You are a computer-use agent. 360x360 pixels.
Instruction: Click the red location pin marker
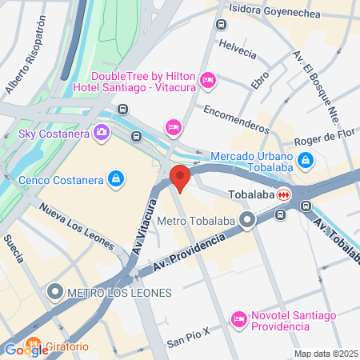[x=180, y=177]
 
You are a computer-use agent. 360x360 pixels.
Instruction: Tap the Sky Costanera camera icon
[x=102, y=132]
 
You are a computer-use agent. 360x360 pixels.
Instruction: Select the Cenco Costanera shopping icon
[x=117, y=178]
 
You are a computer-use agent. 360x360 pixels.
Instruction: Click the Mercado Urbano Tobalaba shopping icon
[x=305, y=161]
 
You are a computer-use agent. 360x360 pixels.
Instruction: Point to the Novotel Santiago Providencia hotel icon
[x=238, y=319]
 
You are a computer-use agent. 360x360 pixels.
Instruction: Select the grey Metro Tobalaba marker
[x=249, y=218]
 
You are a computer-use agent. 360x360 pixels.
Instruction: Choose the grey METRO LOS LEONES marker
[x=55, y=292]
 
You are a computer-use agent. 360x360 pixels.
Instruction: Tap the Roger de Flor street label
[x=322, y=137]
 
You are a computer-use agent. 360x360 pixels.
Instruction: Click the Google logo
[x=26, y=350]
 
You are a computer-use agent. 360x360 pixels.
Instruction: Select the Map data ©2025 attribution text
[x=324, y=354]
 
